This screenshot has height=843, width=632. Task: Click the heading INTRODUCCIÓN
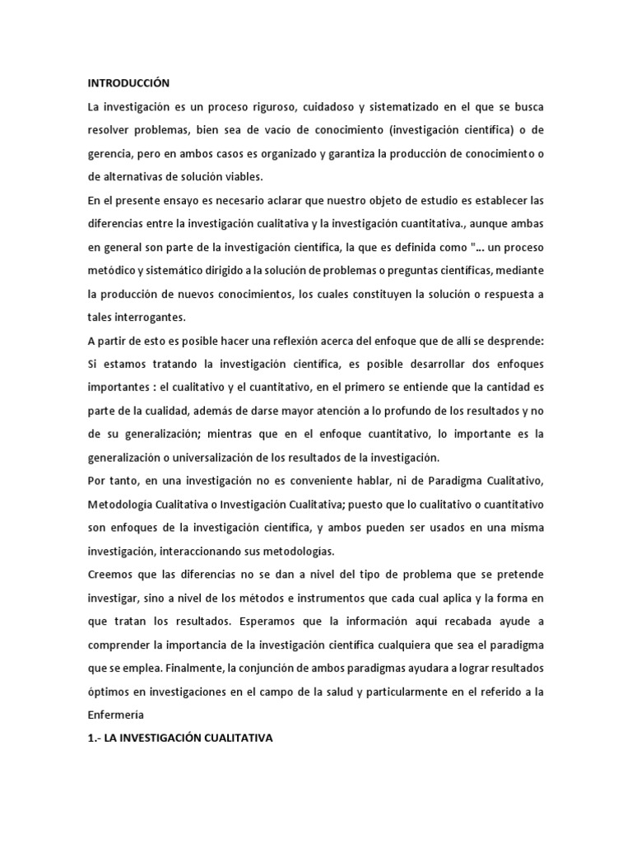[x=128, y=83]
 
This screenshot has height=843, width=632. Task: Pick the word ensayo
[x=180, y=201]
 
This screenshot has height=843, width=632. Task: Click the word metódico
[x=114, y=272]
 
